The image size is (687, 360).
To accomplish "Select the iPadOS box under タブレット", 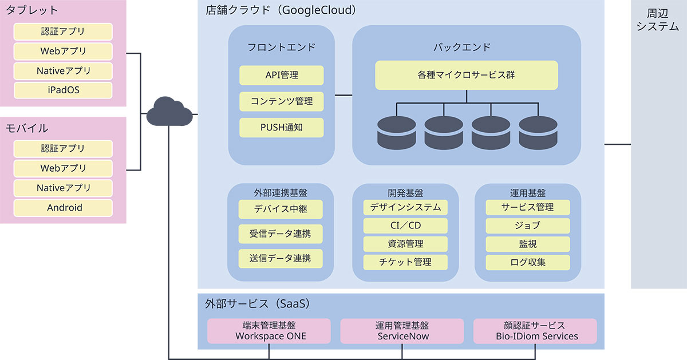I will click(63, 90).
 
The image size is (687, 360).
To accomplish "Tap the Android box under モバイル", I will click(63, 208).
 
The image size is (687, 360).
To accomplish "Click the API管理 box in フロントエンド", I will click(281, 75).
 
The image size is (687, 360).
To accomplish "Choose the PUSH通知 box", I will click(281, 128).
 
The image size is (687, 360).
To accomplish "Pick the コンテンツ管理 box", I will click(281, 101).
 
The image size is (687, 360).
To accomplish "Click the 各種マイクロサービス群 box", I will click(466, 75).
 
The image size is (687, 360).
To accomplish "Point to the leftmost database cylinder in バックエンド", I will click(396, 132).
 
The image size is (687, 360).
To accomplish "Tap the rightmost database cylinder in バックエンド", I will click(537, 132).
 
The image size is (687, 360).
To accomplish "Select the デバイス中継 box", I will click(281, 209).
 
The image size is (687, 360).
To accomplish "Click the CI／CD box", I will click(405, 226).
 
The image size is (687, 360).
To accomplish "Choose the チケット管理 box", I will click(405, 262).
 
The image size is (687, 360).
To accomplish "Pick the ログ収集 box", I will click(528, 263).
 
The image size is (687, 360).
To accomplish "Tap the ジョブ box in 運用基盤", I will click(528, 226).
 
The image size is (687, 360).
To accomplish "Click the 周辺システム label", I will click(658, 20).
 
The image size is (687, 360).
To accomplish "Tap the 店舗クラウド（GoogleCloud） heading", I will click(281, 10).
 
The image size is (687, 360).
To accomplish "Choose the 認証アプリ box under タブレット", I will click(63, 31).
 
